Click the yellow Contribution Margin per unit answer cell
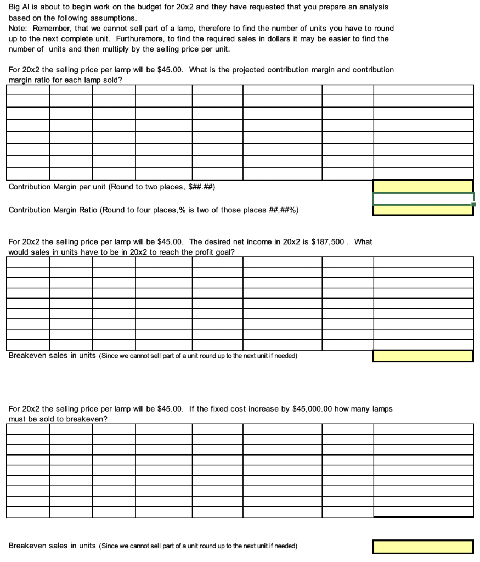tap(423, 186)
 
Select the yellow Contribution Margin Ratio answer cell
tap(423, 210)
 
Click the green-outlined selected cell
tap(423, 198)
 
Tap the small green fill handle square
tap(473, 204)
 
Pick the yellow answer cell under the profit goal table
tap(423, 356)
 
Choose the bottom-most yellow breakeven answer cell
tap(423, 546)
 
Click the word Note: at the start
tap(19, 28)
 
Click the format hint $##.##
tap(201, 187)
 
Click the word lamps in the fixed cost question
tap(382, 409)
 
